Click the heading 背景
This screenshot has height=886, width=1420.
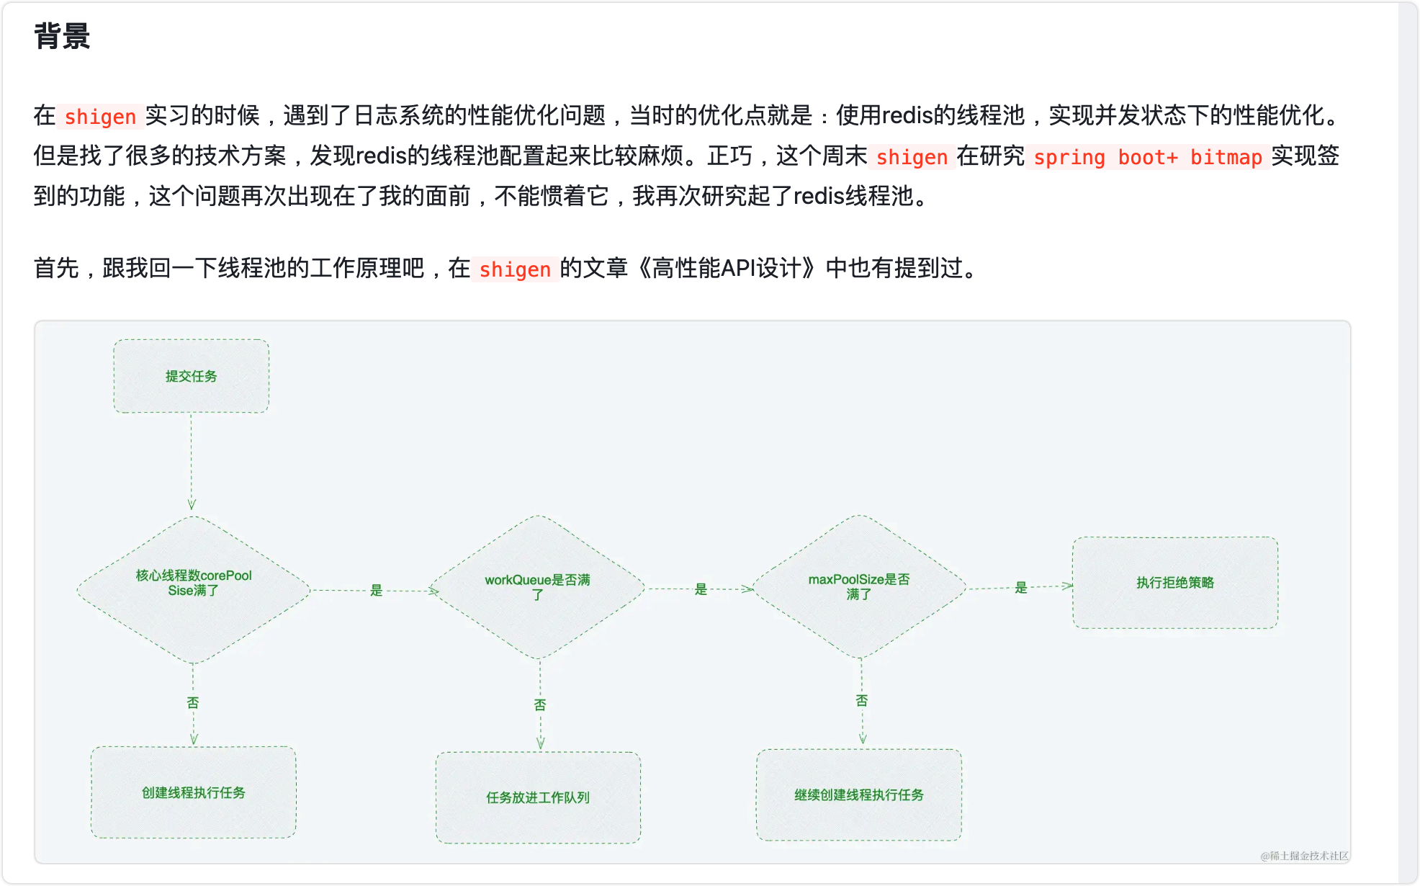click(62, 36)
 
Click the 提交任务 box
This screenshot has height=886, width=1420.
click(191, 376)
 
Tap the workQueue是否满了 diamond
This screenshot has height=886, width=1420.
click(537, 587)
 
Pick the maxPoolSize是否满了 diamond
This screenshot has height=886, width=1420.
click(858, 586)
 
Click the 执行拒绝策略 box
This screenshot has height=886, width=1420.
click(1174, 583)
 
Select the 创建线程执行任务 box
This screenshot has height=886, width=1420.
click(193, 792)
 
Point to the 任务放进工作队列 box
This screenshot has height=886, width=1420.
click(537, 797)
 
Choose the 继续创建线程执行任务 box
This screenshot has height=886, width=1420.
click(858, 795)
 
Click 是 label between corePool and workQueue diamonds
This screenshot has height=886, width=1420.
click(376, 591)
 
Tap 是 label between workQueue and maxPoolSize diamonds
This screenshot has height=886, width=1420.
click(701, 589)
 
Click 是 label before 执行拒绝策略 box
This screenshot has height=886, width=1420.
click(1020, 588)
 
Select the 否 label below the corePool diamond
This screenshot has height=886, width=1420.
click(193, 703)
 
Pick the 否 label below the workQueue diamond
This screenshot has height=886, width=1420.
click(540, 704)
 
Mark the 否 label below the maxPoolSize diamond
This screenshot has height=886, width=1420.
click(862, 700)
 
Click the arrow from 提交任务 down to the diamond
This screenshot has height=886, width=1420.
click(191, 461)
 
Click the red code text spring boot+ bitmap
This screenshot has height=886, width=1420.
click(1147, 157)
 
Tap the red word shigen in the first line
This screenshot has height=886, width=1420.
click(100, 117)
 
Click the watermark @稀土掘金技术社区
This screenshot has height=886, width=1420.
click(1304, 856)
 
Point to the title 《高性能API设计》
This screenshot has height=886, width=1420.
click(727, 269)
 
